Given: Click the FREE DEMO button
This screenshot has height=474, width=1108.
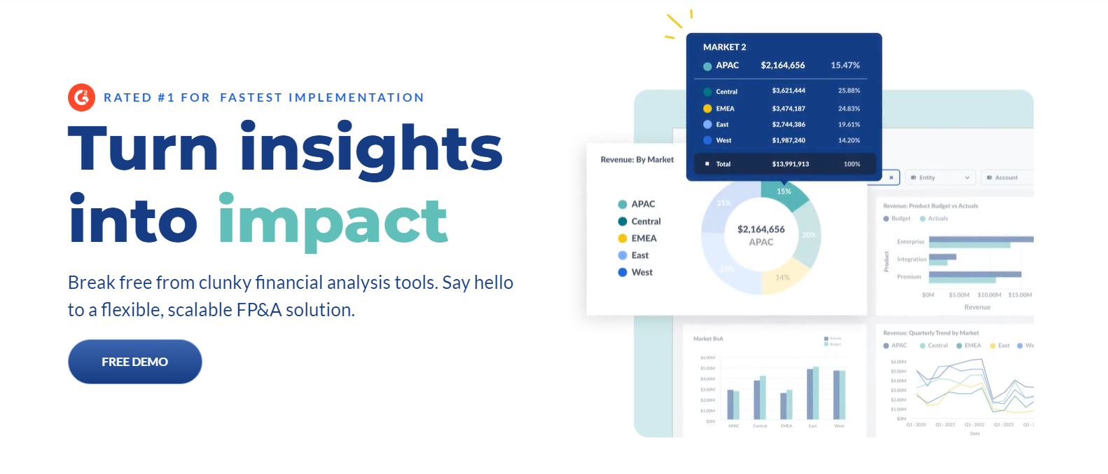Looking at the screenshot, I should [134, 362].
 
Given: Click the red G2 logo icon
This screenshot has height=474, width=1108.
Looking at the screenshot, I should [81, 97].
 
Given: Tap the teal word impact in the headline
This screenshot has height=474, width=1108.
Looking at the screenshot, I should [333, 221].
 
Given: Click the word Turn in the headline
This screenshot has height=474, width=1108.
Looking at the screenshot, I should [144, 149].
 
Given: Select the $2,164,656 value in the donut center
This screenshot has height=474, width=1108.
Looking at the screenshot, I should [761, 229].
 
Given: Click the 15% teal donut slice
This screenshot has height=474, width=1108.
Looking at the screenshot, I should [784, 193].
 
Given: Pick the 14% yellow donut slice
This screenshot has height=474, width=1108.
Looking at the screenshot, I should [782, 278].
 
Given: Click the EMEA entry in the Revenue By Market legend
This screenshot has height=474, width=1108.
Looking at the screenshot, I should [643, 238].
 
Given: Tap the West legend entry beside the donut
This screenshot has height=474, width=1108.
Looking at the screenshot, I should [641, 272].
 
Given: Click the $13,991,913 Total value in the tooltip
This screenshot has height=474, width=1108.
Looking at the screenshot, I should [790, 164].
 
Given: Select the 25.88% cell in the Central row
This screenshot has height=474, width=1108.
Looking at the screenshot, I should [849, 91].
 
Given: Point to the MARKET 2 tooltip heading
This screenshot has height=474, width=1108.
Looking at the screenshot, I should [724, 47].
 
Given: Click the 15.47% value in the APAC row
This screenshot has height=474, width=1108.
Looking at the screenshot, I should [845, 65].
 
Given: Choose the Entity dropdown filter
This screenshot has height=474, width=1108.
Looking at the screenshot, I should [939, 177].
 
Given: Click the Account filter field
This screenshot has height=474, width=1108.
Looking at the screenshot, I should [1007, 177].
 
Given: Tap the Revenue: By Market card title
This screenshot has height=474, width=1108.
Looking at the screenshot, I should [637, 160].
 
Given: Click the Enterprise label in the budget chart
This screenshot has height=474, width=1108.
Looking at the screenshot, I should [910, 242].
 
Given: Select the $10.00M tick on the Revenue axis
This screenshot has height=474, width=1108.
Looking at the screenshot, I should [989, 295].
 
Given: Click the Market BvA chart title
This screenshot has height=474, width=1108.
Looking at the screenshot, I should [708, 339].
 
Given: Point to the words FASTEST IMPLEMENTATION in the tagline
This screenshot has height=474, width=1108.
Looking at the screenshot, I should [322, 97].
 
